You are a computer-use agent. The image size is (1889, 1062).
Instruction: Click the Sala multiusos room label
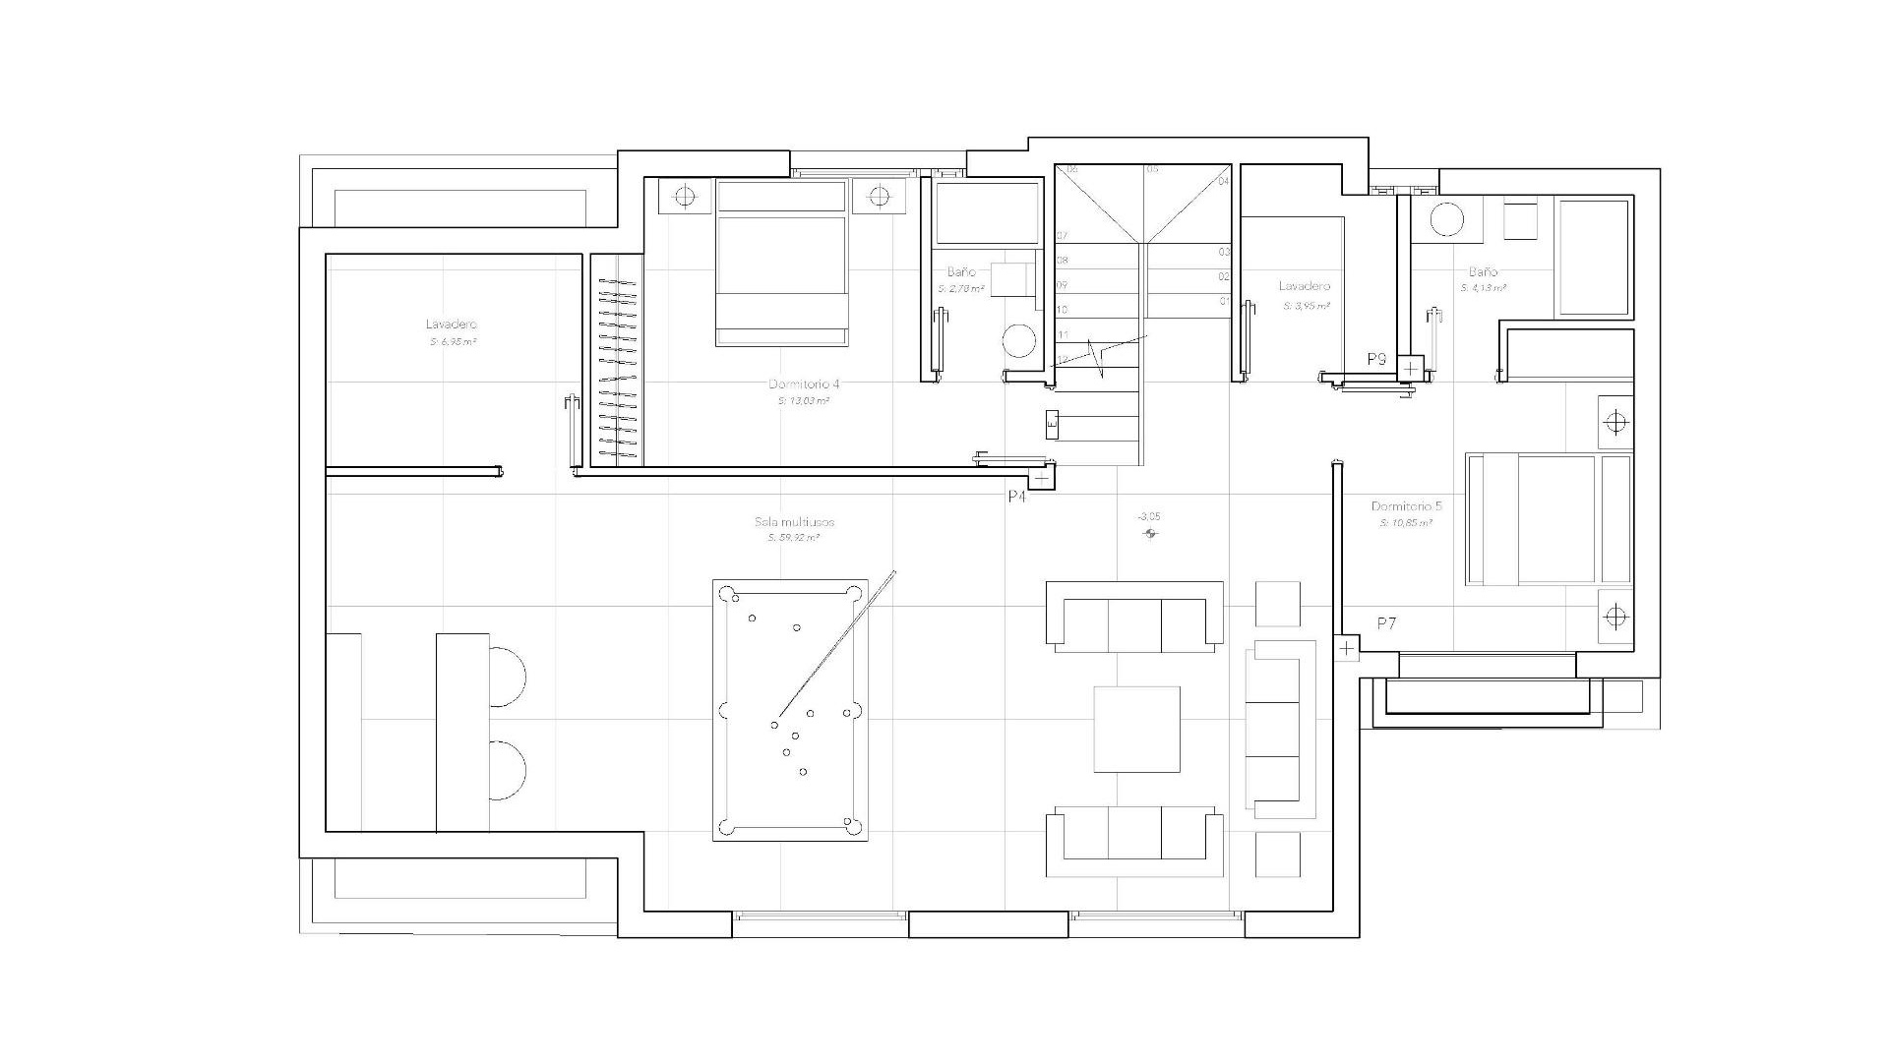click(x=794, y=522)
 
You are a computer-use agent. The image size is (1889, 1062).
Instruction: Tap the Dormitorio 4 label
click(x=804, y=384)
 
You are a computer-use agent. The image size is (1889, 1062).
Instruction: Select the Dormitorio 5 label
click(x=1406, y=506)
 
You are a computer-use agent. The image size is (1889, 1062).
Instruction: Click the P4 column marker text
click(x=1017, y=498)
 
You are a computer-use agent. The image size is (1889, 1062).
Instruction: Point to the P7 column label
click(x=1386, y=623)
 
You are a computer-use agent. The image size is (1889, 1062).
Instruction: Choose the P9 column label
click(x=1376, y=360)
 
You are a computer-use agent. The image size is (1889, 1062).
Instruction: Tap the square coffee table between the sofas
click(x=1136, y=730)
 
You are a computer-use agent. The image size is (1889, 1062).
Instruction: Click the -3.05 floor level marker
click(x=1148, y=516)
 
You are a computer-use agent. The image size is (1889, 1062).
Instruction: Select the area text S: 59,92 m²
click(x=794, y=539)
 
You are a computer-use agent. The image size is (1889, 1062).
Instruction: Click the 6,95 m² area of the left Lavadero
click(x=453, y=342)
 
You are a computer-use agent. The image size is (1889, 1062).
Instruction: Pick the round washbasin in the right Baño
click(x=1446, y=219)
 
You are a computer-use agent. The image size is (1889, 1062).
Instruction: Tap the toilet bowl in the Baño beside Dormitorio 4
click(x=1019, y=342)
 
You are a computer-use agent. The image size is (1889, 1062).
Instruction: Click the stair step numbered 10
click(x=1063, y=310)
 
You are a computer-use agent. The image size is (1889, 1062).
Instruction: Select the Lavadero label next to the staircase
click(x=1304, y=286)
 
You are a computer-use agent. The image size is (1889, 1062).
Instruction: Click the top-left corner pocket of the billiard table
click(x=729, y=594)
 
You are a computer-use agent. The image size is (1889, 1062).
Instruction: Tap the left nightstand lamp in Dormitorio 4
click(x=686, y=198)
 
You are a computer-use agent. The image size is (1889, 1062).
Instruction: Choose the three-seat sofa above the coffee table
click(x=1134, y=620)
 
